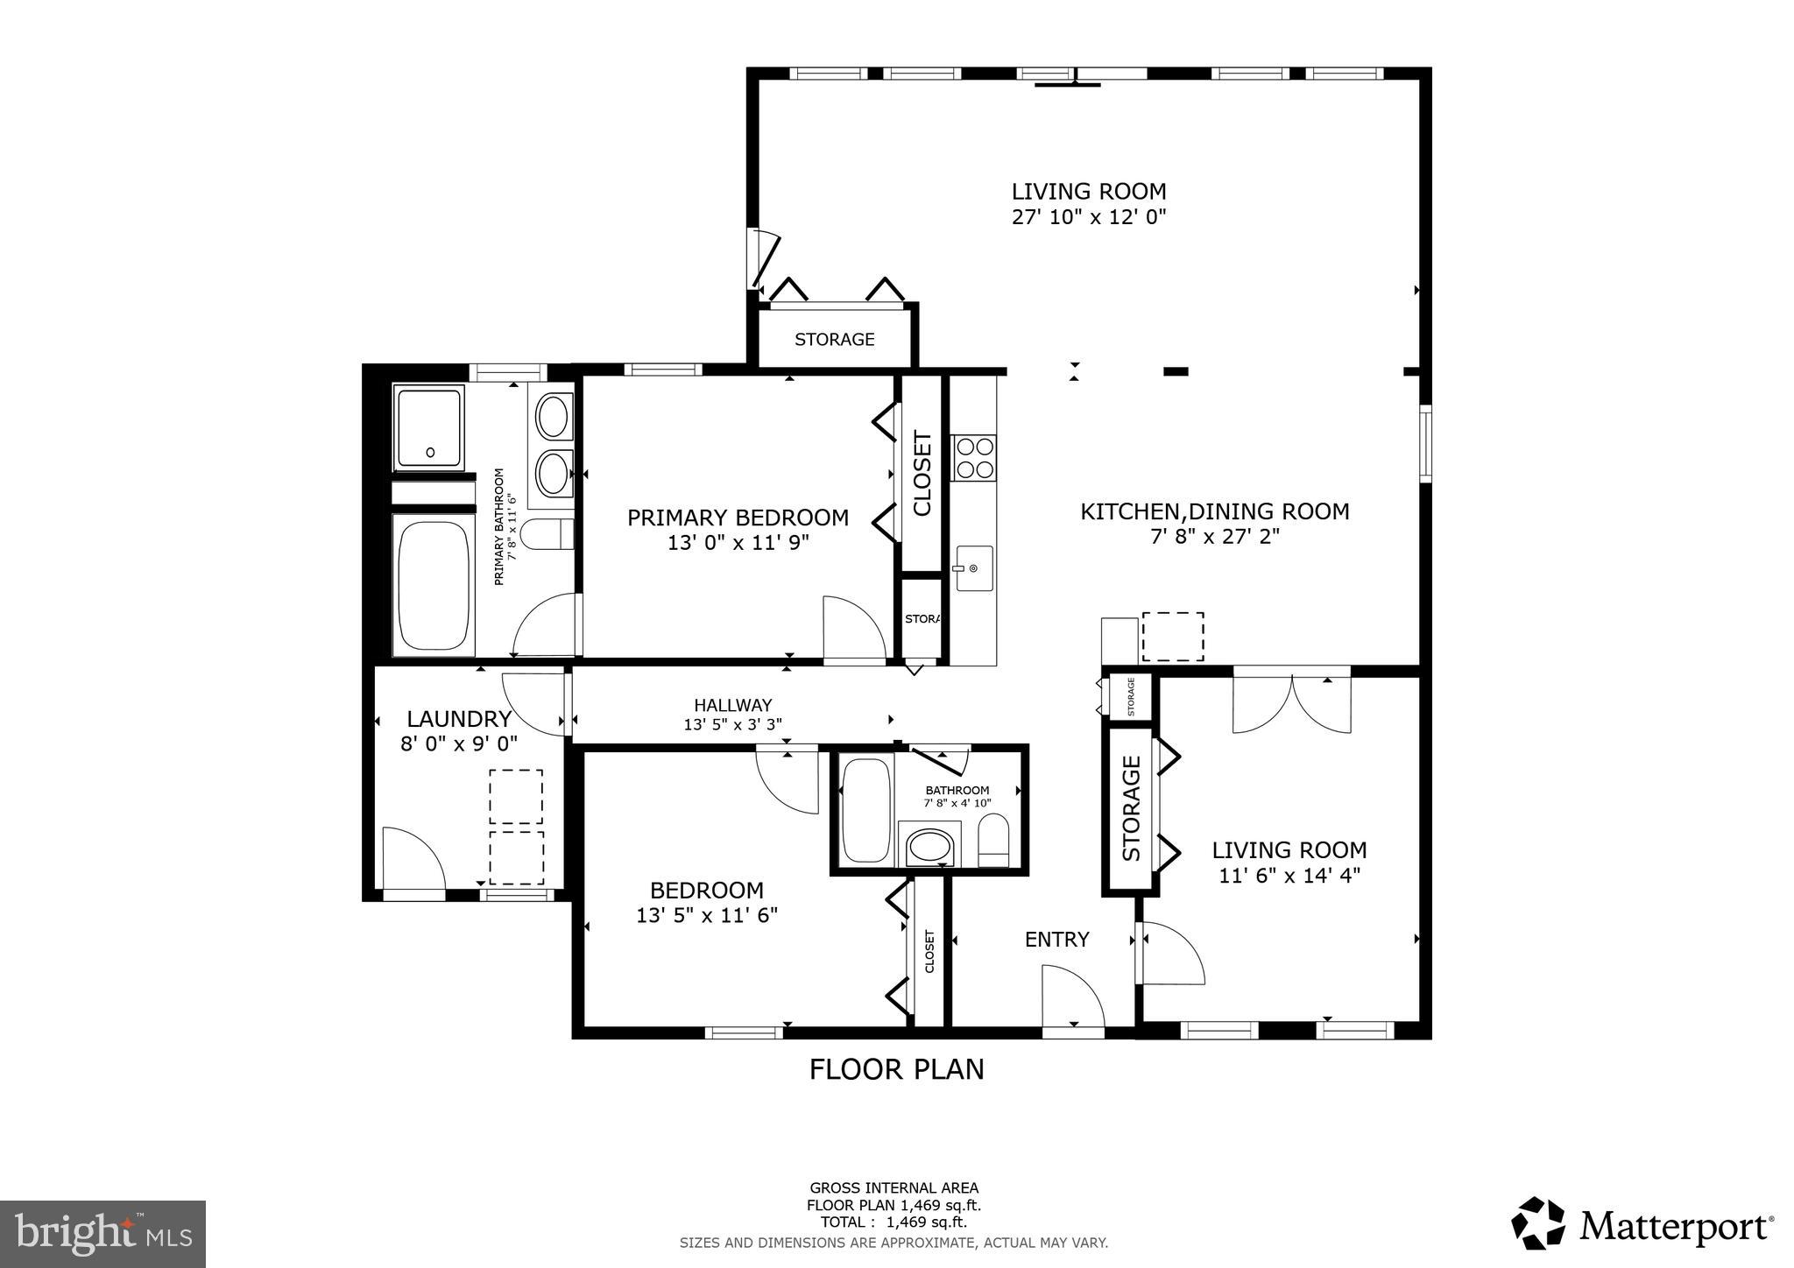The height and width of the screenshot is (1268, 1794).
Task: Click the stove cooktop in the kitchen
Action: pos(975,457)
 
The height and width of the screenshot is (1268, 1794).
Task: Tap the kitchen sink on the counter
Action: pos(974,568)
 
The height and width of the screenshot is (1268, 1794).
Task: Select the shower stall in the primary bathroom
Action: pos(428,427)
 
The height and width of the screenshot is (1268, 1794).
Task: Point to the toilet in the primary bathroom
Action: pos(546,534)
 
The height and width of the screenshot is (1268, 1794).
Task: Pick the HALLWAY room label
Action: pos(732,705)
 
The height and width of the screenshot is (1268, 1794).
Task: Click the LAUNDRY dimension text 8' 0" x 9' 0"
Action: pos(458,743)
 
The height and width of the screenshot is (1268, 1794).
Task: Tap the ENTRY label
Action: pos(1056,940)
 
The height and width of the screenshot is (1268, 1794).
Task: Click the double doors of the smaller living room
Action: pos(1292,703)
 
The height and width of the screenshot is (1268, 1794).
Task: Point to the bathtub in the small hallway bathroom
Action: pos(865,810)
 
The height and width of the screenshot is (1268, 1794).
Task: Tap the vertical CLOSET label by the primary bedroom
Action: pos(922,473)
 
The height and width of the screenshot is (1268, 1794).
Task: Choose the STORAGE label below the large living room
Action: pos(834,339)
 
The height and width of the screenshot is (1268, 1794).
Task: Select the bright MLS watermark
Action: pos(103,1234)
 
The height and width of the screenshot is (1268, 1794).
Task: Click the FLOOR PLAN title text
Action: pos(896,1069)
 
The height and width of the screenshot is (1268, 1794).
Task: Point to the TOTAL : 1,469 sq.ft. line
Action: pos(893,1222)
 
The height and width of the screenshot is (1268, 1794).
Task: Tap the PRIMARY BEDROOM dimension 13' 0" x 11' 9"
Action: pos(738,543)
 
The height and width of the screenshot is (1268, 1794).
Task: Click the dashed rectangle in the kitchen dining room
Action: pos(1173,637)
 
